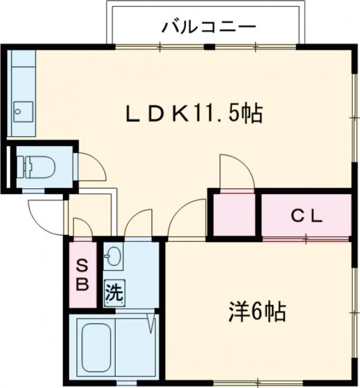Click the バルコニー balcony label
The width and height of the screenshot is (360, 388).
click(x=208, y=27)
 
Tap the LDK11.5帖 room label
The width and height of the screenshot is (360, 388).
click(x=193, y=113)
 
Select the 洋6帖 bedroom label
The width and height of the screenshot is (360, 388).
click(x=256, y=311)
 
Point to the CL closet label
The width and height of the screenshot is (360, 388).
click(x=307, y=216)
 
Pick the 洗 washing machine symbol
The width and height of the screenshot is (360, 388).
click(x=113, y=294)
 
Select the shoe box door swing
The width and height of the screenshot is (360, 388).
click(x=82, y=228)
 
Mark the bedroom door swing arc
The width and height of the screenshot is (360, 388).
click(x=185, y=220)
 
